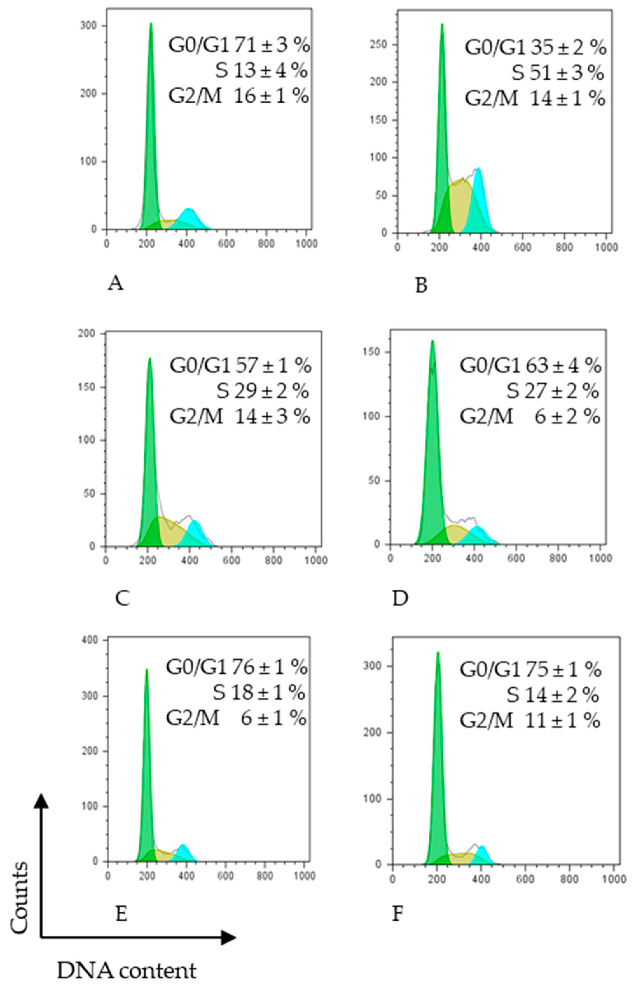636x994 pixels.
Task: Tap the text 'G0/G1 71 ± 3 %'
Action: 239,45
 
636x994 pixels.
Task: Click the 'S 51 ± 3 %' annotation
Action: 557,73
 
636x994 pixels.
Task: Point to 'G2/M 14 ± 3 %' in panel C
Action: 239,417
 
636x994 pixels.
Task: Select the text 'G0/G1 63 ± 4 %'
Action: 530,366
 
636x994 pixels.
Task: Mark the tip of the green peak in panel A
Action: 151,24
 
